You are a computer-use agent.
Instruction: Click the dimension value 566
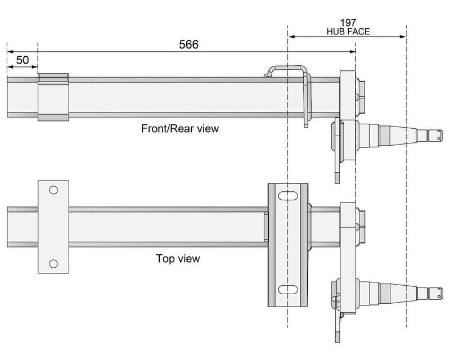tap(188, 44)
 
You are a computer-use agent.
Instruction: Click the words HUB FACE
tap(348, 31)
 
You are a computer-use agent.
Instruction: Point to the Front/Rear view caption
tap(179, 128)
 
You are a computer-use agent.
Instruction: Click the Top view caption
tap(178, 259)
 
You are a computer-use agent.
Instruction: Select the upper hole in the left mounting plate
tap(53, 190)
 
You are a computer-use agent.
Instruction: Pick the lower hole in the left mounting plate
tap(53, 263)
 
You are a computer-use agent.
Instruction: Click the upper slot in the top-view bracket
tap(289, 195)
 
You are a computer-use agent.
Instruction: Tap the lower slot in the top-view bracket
tap(289, 290)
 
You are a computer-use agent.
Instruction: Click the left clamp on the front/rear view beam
tap(53, 97)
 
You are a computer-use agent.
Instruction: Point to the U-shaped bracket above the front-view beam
tap(288, 71)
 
